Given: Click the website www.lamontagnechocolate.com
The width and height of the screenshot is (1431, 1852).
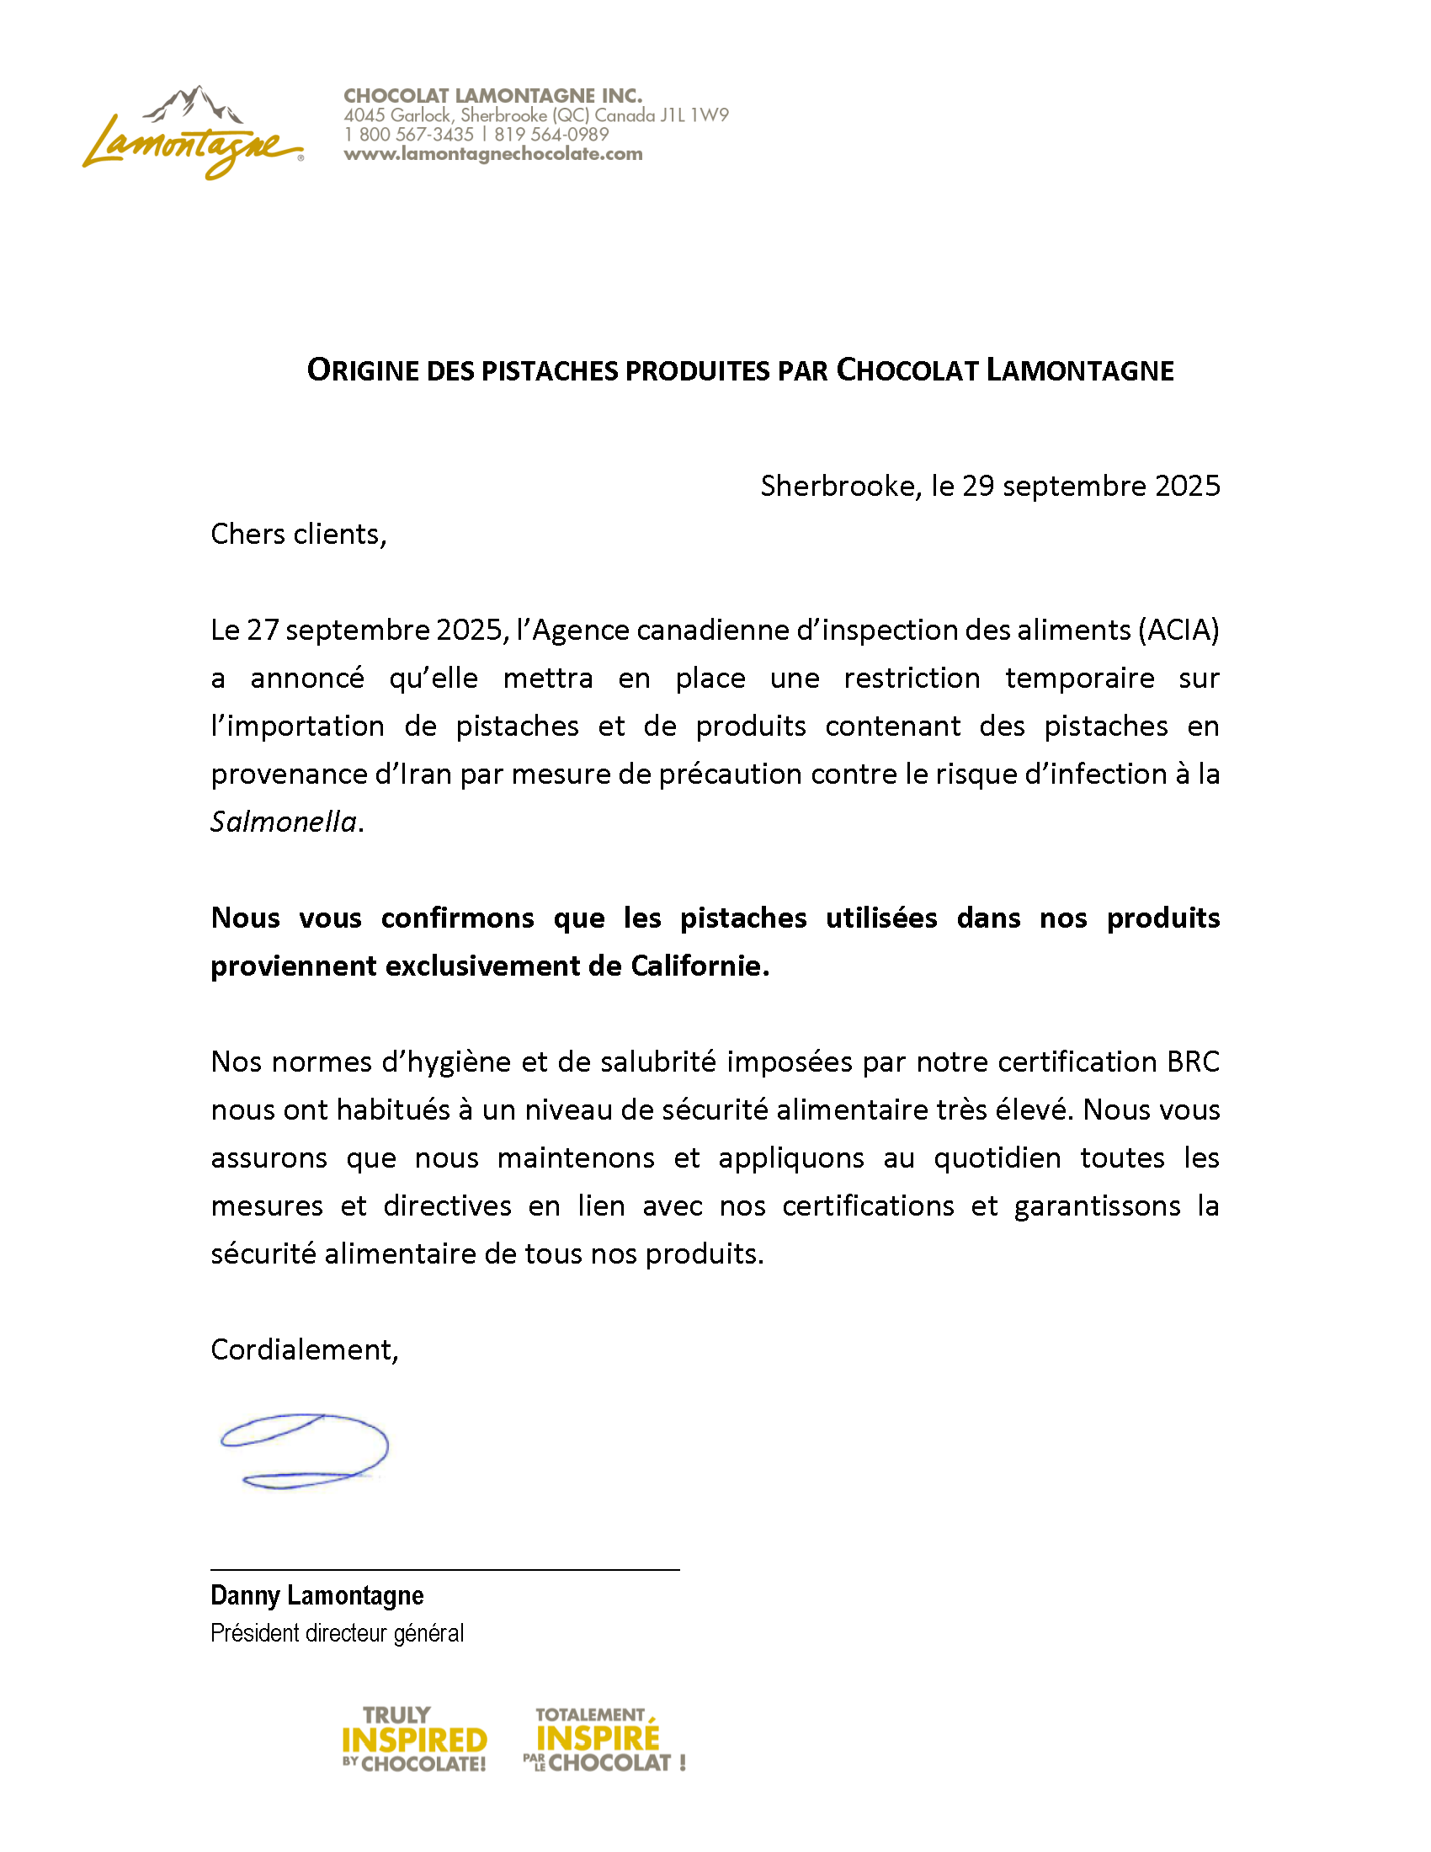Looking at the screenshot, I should [x=492, y=154].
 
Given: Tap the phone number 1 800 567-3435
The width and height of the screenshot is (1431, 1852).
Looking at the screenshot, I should [x=408, y=135].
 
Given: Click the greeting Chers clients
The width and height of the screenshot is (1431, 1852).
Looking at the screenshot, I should [x=299, y=535].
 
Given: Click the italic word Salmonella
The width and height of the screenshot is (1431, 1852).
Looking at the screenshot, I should [x=283, y=822].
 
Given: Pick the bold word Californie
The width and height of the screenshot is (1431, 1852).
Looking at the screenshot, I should [x=700, y=966].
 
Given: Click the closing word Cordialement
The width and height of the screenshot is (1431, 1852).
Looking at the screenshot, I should [x=304, y=1349].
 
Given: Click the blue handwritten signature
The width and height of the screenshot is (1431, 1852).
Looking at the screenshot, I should [x=304, y=1451].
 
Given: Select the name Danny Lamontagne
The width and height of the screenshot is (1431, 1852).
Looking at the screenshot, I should [x=317, y=1595].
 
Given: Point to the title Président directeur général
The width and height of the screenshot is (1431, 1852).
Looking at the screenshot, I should [x=337, y=1632].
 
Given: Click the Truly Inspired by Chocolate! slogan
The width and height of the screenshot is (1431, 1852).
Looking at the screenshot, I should [x=413, y=1739].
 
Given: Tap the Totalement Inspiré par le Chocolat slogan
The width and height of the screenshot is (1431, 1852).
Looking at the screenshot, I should [x=603, y=1739].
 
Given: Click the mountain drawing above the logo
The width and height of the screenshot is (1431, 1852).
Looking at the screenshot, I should [x=194, y=104].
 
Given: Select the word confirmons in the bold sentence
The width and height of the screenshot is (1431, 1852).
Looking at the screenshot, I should [x=457, y=918].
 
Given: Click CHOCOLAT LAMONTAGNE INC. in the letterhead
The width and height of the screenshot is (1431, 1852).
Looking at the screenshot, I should [x=492, y=96].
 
